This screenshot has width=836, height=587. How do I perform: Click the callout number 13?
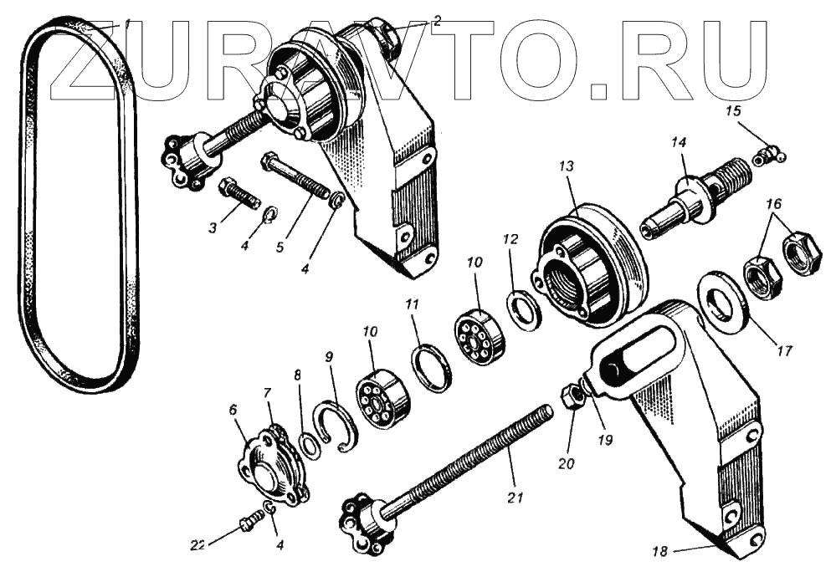[x=567, y=167]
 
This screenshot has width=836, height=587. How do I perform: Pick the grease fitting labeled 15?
[x=767, y=155]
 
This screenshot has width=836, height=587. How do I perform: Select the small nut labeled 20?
[x=573, y=398]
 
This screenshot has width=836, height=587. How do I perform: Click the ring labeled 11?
[x=432, y=369]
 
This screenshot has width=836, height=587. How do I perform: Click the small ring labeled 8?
[x=310, y=445]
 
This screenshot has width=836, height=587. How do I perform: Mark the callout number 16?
[x=772, y=203]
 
